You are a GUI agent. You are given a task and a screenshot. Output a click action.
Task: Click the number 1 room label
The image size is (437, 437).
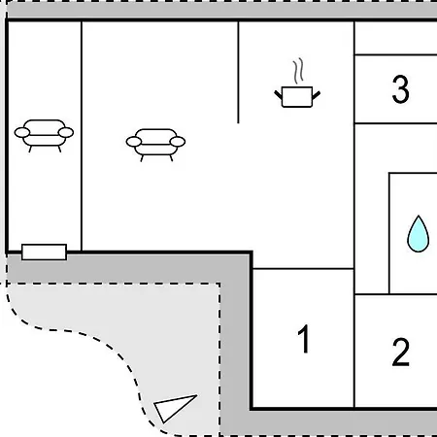click(x=304, y=339)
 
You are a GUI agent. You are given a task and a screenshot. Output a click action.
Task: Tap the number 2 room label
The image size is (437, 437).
click(x=401, y=352)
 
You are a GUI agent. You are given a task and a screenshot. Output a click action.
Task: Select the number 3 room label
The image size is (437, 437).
click(x=401, y=89)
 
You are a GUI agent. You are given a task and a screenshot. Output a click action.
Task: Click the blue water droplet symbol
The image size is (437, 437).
click(x=419, y=234)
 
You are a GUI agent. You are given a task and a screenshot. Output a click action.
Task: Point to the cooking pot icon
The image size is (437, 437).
click(x=297, y=96)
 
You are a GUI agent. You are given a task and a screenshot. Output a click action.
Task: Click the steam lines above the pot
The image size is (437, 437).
click(x=298, y=71)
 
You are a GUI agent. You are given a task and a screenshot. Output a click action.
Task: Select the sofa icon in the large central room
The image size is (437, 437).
click(x=155, y=145)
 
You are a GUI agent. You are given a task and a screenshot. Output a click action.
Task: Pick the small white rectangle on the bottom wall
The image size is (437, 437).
click(x=44, y=252)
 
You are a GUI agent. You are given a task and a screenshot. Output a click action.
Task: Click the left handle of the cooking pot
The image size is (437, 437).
click(x=278, y=94)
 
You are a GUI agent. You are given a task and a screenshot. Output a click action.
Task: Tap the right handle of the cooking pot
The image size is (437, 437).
click(x=317, y=95)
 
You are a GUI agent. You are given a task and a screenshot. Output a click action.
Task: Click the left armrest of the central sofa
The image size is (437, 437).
click(x=134, y=142)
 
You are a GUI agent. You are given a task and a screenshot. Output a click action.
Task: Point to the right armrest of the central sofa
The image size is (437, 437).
click(x=178, y=142)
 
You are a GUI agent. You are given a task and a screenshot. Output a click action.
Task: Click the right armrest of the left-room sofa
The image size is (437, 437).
click(x=66, y=133)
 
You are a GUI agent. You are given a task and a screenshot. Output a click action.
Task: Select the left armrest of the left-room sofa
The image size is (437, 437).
click(x=22, y=133)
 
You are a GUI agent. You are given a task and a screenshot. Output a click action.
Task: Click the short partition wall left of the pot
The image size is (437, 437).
click(x=238, y=72)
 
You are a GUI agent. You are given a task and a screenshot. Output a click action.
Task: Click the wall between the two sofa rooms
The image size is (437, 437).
click(x=82, y=136)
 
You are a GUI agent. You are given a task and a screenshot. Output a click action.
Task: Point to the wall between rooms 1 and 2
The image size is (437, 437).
click(x=354, y=352)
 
